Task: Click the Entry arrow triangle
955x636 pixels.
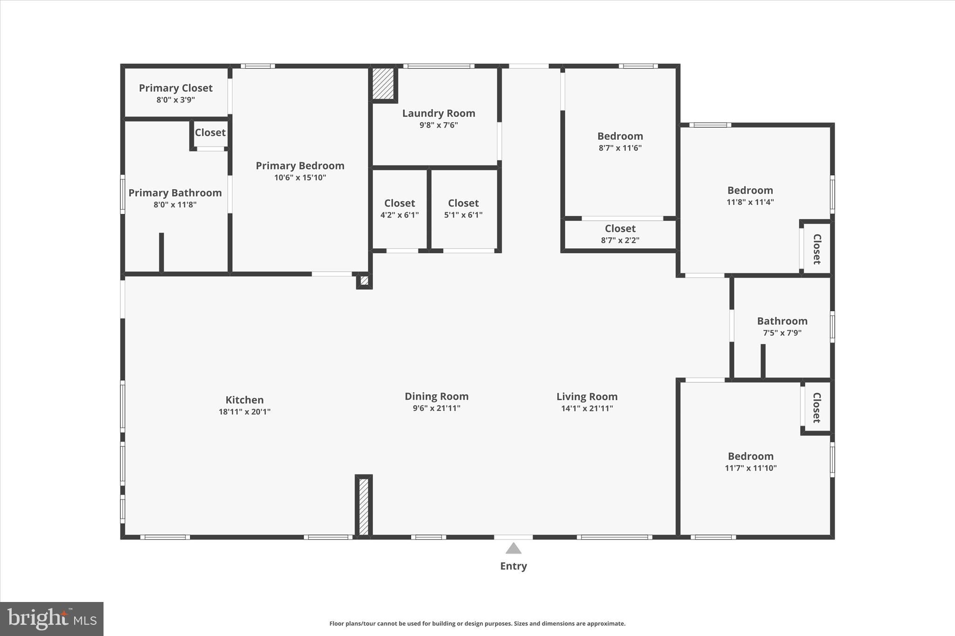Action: pos(513,548)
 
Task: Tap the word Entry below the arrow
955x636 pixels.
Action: pos(513,566)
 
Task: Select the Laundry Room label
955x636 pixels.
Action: pos(438,113)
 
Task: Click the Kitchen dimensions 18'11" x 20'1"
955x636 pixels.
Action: pos(244,412)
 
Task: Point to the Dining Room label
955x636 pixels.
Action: pos(436,397)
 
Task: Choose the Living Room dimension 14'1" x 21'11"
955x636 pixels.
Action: pos(587,409)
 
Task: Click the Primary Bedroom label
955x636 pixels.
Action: pos(300,166)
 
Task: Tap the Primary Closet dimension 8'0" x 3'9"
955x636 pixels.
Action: pos(175,100)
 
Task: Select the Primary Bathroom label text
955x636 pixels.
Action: pos(175,193)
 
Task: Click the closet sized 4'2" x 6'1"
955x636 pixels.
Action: pos(400,209)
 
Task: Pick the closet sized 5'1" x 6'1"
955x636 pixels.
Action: pos(463,209)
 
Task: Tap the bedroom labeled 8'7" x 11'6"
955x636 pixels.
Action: pos(620,142)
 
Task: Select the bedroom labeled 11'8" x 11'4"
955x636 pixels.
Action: pos(750,196)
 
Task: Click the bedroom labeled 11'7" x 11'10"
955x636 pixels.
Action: pos(750,462)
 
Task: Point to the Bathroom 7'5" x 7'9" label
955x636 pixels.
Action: pos(782,326)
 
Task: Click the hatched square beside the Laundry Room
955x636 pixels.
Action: pos(383,84)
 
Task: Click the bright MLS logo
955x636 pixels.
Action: pos(52,619)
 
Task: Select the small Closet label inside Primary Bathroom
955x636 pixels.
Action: pos(210,133)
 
